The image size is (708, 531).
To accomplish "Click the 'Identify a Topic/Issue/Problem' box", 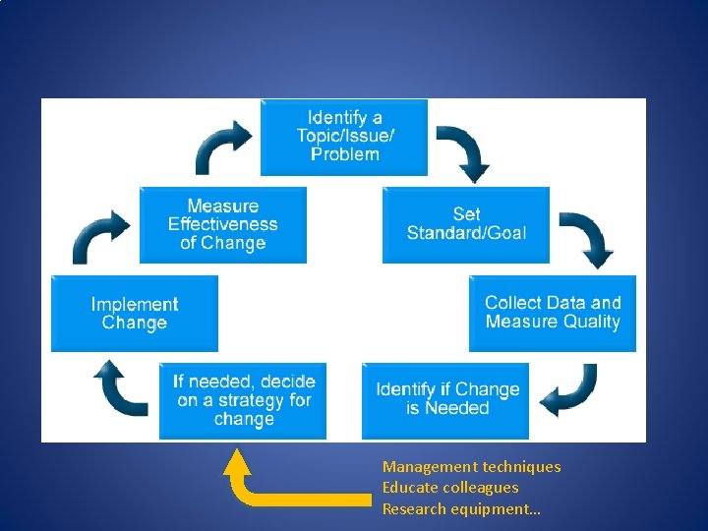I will (x=343, y=137).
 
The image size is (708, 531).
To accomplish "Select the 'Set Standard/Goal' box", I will (x=466, y=224).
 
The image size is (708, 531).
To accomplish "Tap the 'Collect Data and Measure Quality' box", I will (x=552, y=313).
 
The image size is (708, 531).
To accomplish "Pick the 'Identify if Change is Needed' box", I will (x=446, y=399).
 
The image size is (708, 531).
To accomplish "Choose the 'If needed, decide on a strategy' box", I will (x=243, y=400).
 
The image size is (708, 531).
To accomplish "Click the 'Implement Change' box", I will (x=135, y=314).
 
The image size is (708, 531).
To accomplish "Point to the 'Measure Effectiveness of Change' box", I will (x=223, y=225).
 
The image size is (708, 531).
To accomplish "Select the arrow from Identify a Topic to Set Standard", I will (x=463, y=151).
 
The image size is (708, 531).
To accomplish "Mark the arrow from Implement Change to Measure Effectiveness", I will (x=101, y=236).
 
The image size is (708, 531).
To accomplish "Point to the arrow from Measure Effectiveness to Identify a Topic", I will (x=224, y=147).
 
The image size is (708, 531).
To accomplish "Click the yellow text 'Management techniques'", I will (x=471, y=467).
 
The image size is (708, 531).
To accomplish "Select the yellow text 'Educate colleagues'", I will (x=449, y=488).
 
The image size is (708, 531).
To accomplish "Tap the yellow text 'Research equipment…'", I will (x=461, y=509).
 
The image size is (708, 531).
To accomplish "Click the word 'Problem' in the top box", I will (x=344, y=154).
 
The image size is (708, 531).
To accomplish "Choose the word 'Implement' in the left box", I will (x=135, y=305).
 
